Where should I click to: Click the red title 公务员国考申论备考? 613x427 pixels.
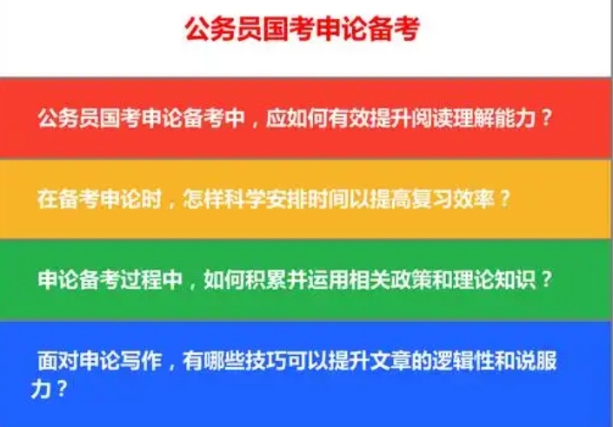(x=302, y=29)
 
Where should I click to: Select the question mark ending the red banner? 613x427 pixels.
(x=546, y=118)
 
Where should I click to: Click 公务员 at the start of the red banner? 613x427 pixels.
(x=67, y=118)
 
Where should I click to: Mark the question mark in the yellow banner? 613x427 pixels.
(x=504, y=198)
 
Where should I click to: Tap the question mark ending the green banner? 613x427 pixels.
(x=545, y=280)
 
